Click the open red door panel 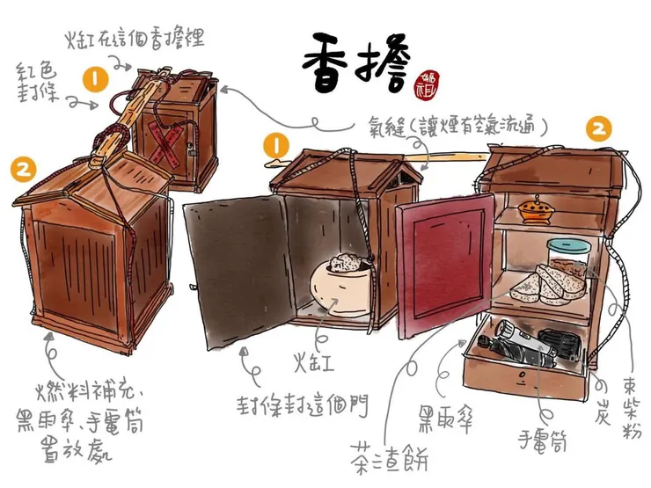pyautogui.click(x=445, y=264)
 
